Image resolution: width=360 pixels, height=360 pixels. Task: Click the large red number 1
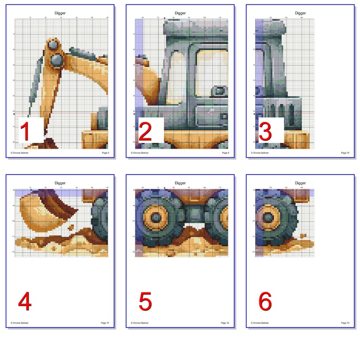coord(25,131)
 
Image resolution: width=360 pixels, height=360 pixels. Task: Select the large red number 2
coord(145,131)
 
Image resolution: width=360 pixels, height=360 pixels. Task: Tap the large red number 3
coord(265,131)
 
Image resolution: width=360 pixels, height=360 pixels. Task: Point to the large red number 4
coord(25,302)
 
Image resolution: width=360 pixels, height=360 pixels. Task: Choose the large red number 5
coord(145,302)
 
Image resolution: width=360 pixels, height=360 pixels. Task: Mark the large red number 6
coord(265,302)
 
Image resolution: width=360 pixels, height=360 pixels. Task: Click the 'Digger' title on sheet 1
coord(60,13)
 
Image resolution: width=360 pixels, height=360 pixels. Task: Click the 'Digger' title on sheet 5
coord(180,183)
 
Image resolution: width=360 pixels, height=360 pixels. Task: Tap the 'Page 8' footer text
coord(105,153)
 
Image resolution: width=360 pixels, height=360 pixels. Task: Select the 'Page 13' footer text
coord(345,323)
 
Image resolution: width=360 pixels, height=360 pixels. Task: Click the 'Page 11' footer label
coord(105,323)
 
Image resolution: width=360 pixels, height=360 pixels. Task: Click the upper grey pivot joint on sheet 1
coord(53,45)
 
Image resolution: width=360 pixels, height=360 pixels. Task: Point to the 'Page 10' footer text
coord(345,153)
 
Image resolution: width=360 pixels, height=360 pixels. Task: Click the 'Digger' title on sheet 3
coord(300,13)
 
